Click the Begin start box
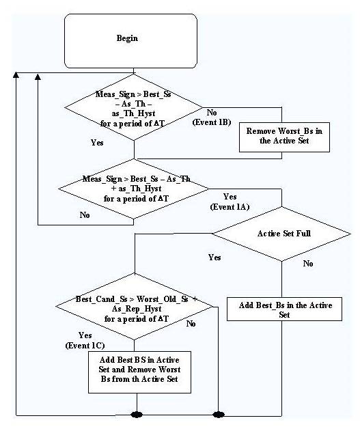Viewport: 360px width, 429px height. (x=130, y=41)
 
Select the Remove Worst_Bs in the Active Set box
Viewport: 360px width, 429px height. (x=284, y=137)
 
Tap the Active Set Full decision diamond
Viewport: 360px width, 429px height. (x=281, y=234)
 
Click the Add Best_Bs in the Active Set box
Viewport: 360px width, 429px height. (x=284, y=309)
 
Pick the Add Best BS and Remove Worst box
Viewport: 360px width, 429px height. (x=139, y=372)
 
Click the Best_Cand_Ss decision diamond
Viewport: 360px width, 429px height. (x=134, y=307)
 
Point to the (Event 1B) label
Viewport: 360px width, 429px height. (x=212, y=122)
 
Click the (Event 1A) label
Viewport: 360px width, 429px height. (x=230, y=207)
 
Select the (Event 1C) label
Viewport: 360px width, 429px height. (x=85, y=346)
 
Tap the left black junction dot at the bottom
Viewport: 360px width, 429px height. (x=137, y=415)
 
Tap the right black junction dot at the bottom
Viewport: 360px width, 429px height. (x=219, y=415)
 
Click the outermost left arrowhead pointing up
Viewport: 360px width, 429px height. (x=16, y=74)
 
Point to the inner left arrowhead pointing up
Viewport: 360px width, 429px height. (x=38, y=77)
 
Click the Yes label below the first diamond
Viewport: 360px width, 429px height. (x=97, y=143)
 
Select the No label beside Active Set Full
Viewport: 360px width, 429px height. (x=308, y=264)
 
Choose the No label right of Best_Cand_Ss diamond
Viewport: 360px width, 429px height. (x=191, y=324)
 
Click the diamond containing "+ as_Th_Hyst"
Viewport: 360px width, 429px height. (x=134, y=189)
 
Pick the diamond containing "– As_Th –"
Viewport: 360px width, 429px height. (x=134, y=107)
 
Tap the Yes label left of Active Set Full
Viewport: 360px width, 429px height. (x=214, y=257)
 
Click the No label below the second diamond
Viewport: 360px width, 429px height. (x=85, y=215)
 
